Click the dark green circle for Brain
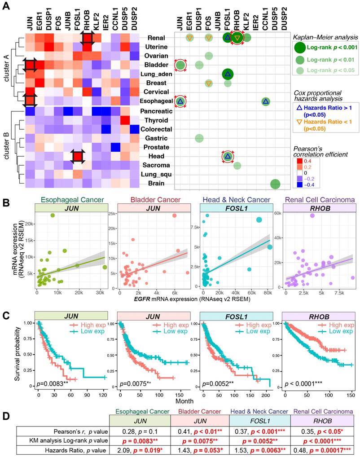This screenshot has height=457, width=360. (275, 184)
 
